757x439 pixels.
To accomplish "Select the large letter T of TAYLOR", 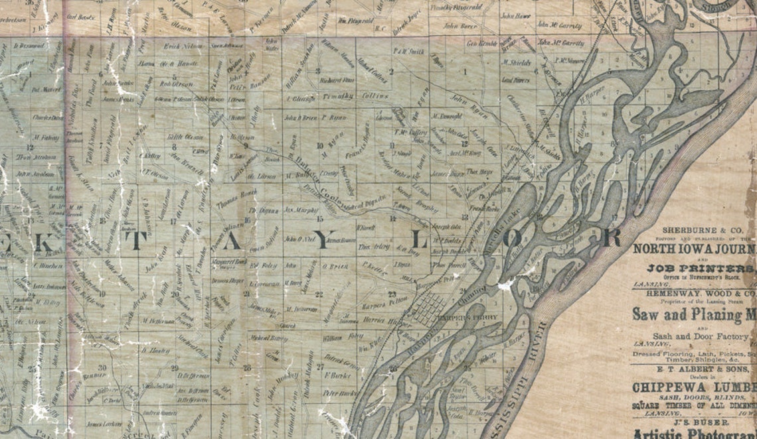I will point(136,241).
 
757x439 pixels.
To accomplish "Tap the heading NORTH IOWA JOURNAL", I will point(694,249).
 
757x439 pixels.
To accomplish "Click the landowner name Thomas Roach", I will point(240,194).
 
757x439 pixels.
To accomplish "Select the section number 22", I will point(319,294).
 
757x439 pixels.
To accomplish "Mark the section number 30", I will point(102,367).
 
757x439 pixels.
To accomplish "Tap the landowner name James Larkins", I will point(104,423).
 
